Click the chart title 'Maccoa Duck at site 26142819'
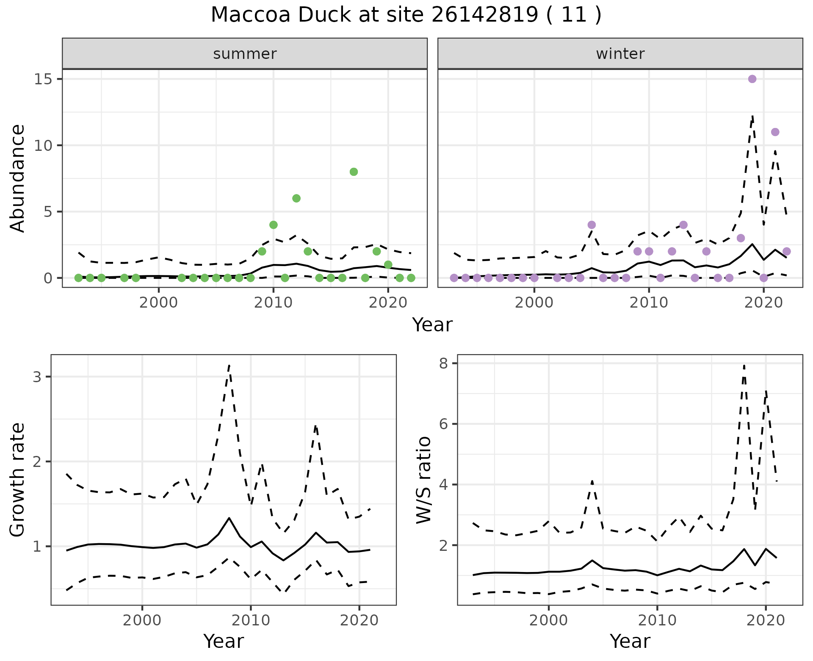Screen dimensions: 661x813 [406, 15]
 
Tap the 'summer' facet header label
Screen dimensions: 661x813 [245, 54]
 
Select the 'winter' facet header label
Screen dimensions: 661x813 [620, 54]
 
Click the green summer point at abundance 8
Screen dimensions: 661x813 [354, 172]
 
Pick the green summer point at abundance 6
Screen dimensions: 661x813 [296, 198]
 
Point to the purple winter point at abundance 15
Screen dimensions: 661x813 [752, 79]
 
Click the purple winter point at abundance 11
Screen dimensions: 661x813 [775, 132]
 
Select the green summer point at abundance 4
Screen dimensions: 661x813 [274, 225]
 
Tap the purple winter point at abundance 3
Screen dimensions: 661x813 [741, 238]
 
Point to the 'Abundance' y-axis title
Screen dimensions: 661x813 [18, 178]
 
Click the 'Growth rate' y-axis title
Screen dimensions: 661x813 [18, 480]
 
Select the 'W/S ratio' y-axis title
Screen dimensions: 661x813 [424, 480]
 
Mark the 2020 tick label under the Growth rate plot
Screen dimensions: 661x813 [359, 620]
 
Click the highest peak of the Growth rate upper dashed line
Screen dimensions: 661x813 [229, 365]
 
